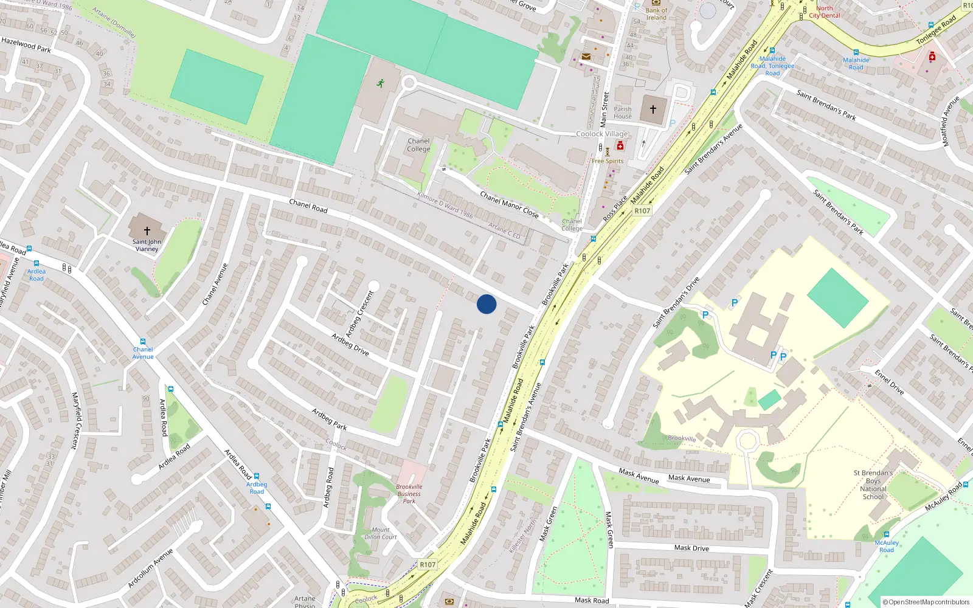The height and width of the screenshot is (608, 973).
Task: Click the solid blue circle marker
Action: (486, 304)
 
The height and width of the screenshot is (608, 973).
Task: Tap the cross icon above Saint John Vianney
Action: (147, 231)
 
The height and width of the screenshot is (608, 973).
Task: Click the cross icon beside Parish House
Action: (653, 110)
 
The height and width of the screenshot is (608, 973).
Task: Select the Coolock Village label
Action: (602, 134)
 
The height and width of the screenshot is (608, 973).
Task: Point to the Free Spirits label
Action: (608, 161)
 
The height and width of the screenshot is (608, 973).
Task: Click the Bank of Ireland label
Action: (656, 14)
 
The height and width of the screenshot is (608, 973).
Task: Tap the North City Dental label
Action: (825, 12)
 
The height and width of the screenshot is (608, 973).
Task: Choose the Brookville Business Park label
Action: (409, 494)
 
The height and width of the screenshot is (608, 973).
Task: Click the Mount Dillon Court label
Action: (381, 533)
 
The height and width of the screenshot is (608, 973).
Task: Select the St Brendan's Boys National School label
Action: (873, 485)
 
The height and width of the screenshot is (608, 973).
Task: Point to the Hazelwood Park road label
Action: (26, 44)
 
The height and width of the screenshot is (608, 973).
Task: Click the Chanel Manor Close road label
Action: (509, 204)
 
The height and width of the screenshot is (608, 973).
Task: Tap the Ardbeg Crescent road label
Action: (359, 314)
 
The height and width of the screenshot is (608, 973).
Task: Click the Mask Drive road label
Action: (691, 548)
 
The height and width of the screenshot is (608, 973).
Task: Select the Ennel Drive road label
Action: (889, 382)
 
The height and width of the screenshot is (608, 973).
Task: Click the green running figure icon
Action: (381, 83)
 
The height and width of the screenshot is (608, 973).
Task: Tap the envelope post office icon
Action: (586, 57)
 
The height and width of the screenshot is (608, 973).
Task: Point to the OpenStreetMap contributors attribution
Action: (926, 602)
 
